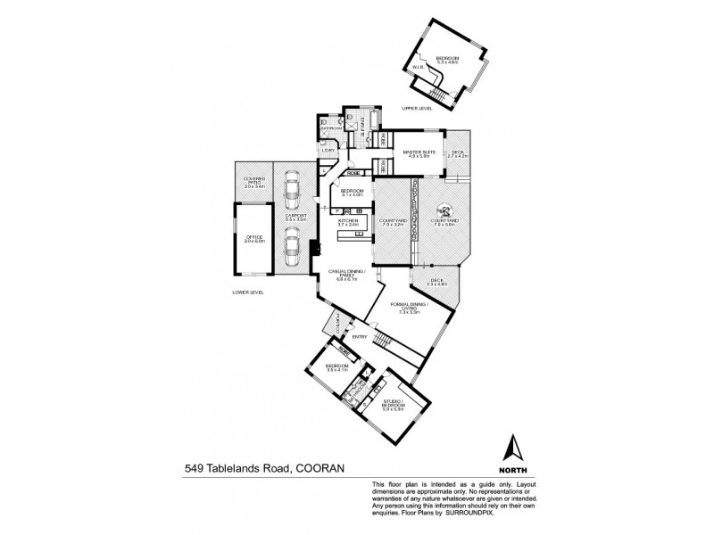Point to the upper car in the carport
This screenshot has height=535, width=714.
coord(290,187)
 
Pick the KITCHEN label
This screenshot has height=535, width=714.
coord(348,221)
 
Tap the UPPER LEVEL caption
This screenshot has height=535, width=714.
coord(416,108)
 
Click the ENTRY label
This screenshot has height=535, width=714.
coord(360,336)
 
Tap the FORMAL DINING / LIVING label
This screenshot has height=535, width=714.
coord(410,308)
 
